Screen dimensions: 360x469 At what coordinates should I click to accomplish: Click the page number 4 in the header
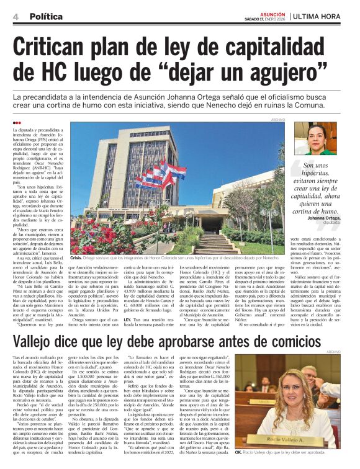pos(14,17)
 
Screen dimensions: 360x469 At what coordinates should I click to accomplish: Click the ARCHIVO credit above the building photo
pos(278,118)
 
